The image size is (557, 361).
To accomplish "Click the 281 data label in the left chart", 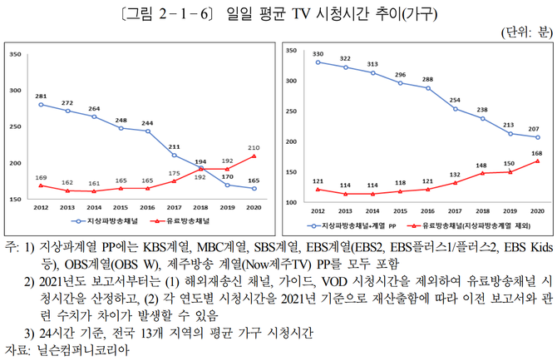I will click(40, 96).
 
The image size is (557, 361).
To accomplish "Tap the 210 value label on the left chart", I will click(254, 147).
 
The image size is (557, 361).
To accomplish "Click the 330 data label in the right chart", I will click(318, 54).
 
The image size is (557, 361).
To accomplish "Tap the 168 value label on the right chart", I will click(538, 152).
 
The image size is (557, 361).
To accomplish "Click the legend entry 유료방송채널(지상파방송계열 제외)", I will click(475, 225).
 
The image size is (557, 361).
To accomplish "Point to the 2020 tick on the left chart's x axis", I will click(254, 209).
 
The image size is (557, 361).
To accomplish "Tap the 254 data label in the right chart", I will click(455, 101).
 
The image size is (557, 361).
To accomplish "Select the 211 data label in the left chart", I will click(174, 146).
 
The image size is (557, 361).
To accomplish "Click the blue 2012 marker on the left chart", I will click(40, 105).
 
